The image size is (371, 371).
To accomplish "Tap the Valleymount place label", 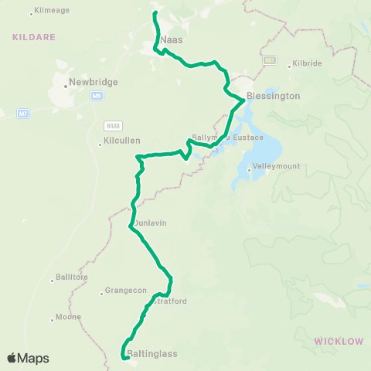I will [271, 165].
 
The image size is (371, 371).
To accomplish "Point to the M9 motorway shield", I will [97, 96].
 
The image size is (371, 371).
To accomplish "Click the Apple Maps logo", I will [28, 358].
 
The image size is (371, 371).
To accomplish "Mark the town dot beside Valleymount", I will [248, 169].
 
